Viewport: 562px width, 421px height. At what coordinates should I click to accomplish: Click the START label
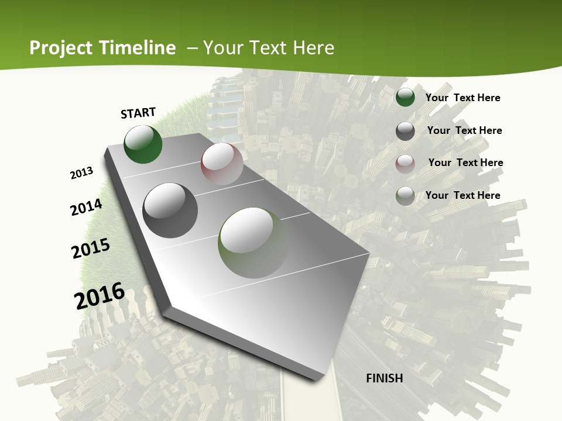coord(138,112)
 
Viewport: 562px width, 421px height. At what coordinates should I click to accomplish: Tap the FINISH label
coord(385,378)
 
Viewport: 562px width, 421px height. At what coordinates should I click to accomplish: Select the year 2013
coord(82,172)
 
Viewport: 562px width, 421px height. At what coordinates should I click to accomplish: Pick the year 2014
coord(87,207)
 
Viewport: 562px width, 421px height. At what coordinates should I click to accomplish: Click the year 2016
coord(100,295)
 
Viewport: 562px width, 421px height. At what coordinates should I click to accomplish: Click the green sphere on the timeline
coord(143,144)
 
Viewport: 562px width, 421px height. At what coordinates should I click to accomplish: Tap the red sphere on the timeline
coord(222,164)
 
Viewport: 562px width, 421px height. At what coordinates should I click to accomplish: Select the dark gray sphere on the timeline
coord(170,210)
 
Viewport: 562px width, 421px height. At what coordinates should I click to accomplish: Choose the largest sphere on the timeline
coord(253,243)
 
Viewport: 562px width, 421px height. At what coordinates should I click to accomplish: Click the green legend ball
coord(405,98)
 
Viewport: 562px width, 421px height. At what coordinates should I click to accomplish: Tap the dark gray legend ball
coord(405,131)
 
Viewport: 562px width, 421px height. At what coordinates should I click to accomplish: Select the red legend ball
coord(405,163)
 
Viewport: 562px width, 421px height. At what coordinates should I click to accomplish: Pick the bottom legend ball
coord(405,196)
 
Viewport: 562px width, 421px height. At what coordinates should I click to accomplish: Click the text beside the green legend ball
coord(462,98)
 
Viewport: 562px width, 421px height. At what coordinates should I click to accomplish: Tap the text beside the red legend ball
coord(465,163)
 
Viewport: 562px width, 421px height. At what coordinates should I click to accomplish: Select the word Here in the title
coord(313,48)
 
